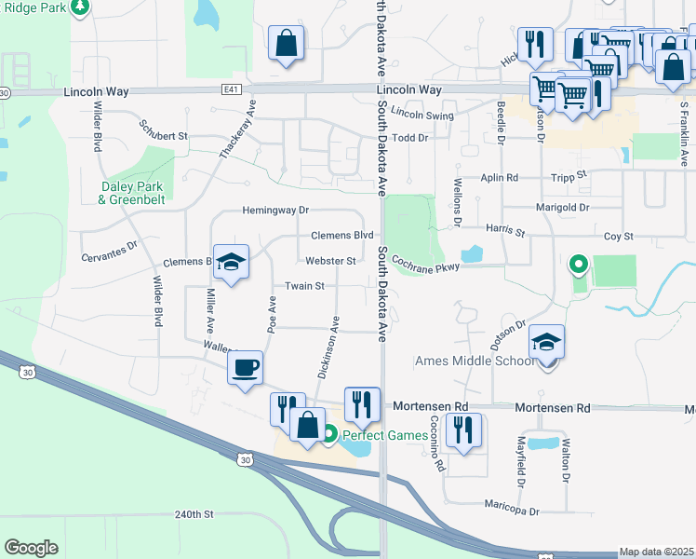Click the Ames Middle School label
coord(475,361)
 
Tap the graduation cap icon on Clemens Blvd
coord(231,262)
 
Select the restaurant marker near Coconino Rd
coord(462,429)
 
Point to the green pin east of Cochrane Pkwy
coord(578,266)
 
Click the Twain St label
coord(304,286)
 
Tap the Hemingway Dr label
coord(275,211)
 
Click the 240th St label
coord(194,514)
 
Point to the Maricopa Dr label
coord(511,511)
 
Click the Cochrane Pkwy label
coord(425,265)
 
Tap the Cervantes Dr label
coord(109,252)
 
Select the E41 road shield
coord(231,90)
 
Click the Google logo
coord(31,548)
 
